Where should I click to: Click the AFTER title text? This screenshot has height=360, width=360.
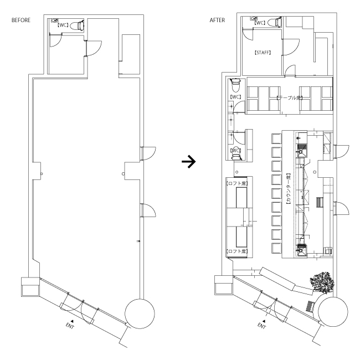tap(217, 20)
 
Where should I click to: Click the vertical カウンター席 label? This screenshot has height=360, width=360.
tap(289, 189)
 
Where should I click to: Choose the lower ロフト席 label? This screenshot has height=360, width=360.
tap(237, 251)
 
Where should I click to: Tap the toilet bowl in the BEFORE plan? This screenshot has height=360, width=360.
tap(79, 25)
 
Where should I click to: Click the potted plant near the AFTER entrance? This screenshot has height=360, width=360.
tap(320, 281)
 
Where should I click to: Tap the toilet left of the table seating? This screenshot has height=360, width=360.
tap(235, 86)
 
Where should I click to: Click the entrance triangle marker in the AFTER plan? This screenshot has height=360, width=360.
tap(264, 320)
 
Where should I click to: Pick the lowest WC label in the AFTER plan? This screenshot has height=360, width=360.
tap(235, 150)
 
